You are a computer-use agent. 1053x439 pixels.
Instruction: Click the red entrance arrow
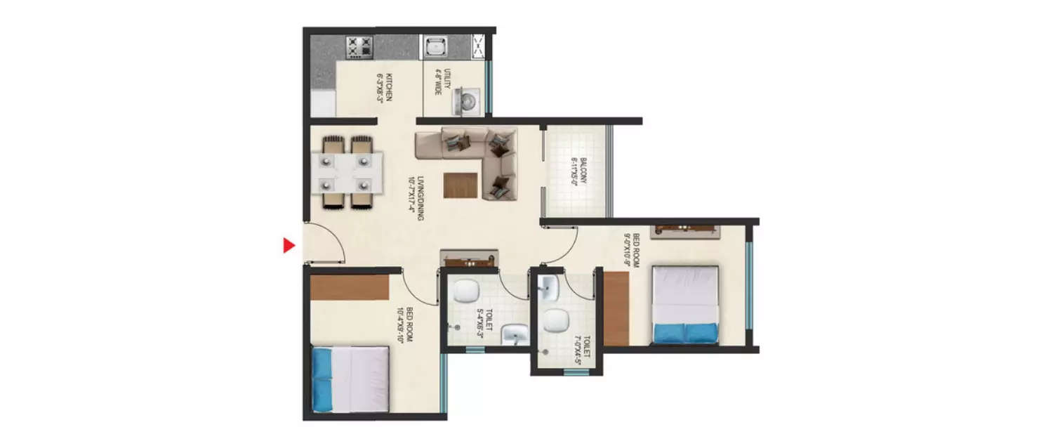pyautogui.click(x=288, y=245)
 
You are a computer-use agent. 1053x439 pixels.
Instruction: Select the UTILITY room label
pyautogui.click(x=439, y=81)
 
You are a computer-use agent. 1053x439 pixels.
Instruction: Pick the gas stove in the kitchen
pyautogui.click(x=359, y=46)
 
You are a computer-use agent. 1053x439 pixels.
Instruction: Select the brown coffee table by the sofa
pyautogui.click(x=461, y=185)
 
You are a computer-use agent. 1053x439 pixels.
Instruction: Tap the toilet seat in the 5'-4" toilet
pyautogui.click(x=463, y=290)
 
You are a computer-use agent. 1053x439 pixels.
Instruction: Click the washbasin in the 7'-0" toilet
pyautogui.click(x=548, y=287)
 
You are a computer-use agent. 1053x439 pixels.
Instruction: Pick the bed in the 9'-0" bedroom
pyautogui.click(x=685, y=303)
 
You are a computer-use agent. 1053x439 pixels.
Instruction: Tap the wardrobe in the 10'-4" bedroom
pyautogui.click(x=350, y=287)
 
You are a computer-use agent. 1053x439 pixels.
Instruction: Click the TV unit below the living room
pyautogui.click(x=469, y=258)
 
